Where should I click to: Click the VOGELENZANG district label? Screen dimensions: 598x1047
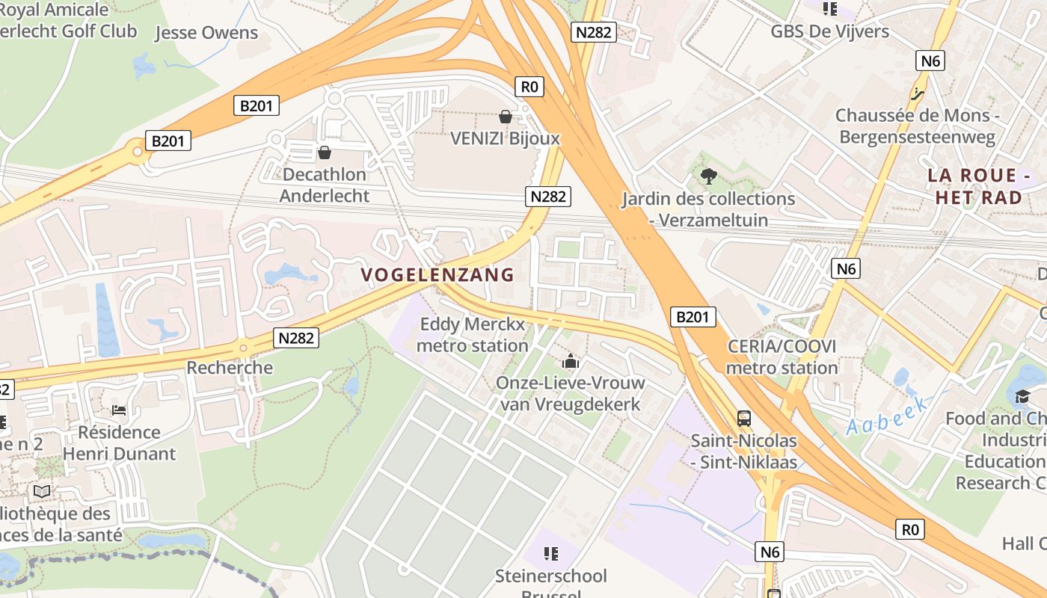point(438,274)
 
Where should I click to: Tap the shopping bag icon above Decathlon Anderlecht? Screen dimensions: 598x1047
point(325,153)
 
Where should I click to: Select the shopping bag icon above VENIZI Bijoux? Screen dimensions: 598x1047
point(505,117)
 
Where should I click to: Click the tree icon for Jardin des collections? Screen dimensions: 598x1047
point(708,176)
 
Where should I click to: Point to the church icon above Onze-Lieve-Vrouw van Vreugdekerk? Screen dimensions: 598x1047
point(571,362)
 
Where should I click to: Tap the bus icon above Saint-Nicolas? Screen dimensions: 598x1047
point(743,419)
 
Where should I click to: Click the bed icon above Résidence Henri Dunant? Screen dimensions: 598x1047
point(119,410)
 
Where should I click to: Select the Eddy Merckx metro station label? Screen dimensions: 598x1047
point(473,335)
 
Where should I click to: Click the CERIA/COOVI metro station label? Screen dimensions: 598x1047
point(782,357)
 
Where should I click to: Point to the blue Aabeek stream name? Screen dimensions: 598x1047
point(887,417)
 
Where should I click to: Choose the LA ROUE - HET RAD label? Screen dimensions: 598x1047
point(979,186)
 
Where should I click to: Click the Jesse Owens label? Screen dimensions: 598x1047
point(206,33)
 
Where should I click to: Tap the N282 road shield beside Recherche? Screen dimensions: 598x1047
point(296,338)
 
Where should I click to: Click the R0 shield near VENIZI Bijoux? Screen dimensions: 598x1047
point(529,87)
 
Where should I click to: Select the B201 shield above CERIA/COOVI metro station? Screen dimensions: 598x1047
point(692,317)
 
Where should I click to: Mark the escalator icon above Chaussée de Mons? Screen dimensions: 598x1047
point(918,94)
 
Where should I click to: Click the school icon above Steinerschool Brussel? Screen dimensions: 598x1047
point(551,554)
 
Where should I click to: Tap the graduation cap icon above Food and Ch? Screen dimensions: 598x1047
point(1022,396)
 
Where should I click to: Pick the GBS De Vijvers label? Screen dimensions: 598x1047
point(829,31)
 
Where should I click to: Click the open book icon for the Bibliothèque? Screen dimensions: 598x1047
point(42,491)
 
